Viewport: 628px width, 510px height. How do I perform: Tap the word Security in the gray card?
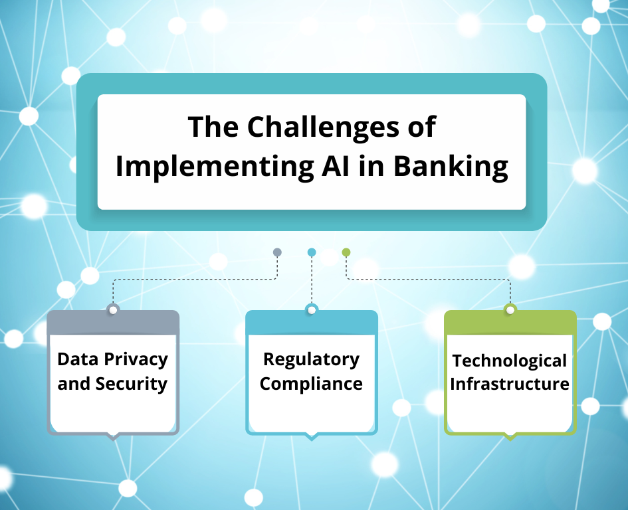(132, 384)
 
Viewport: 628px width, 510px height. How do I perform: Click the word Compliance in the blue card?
(311, 384)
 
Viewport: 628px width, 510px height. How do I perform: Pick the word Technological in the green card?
(510, 362)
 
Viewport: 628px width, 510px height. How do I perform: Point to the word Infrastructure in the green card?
(510, 384)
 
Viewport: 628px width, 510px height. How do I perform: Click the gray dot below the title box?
(277, 252)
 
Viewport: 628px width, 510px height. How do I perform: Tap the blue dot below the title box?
(312, 252)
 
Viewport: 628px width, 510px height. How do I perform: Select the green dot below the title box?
(346, 252)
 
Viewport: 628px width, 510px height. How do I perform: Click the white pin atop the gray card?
(113, 310)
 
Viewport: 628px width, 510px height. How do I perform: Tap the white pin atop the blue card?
(312, 310)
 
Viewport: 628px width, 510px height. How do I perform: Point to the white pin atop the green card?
(510, 310)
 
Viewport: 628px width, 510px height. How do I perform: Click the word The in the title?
(213, 127)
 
